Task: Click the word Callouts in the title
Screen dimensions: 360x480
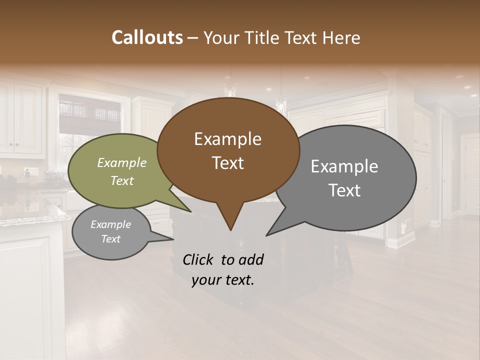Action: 147,37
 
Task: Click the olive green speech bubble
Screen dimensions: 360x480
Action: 100,190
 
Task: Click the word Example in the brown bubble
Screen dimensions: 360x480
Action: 227,139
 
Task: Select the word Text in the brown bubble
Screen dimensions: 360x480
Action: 227,163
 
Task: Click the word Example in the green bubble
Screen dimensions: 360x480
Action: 121,163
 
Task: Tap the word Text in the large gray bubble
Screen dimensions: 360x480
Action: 344,190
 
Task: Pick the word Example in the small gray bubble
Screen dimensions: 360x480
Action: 110,224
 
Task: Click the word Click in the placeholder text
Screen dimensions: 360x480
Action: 198,259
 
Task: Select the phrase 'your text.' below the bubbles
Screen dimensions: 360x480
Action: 223,280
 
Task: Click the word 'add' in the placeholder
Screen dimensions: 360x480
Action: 251,259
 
